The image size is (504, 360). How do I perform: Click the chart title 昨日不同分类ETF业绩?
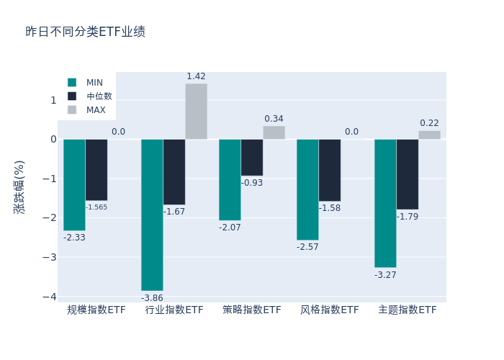click(x=85, y=32)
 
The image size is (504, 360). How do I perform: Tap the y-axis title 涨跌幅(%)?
click(x=19, y=186)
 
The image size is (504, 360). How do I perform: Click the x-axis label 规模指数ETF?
click(x=96, y=310)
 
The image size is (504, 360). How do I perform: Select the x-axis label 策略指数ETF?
click(x=252, y=310)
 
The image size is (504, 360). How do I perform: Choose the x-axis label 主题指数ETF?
click(x=408, y=310)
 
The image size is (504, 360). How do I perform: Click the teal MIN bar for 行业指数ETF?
click(x=152, y=215)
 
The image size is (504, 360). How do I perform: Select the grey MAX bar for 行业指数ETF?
click(x=196, y=112)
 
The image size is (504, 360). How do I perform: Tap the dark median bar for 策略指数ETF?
click(x=252, y=157)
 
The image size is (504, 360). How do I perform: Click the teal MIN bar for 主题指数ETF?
click(x=385, y=203)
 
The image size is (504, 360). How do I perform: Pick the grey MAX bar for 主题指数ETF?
click(x=429, y=135)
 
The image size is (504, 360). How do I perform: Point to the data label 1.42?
click(x=196, y=76)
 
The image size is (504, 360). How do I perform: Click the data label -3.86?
click(x=152, y=298)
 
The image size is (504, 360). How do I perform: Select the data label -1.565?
click(x=96, y=207)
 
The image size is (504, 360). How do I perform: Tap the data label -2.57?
click(x=307, y=247)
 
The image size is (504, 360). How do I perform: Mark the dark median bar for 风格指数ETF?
click(x=330, y=170)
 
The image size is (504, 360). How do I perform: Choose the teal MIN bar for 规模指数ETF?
click(x=74, y=184)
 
